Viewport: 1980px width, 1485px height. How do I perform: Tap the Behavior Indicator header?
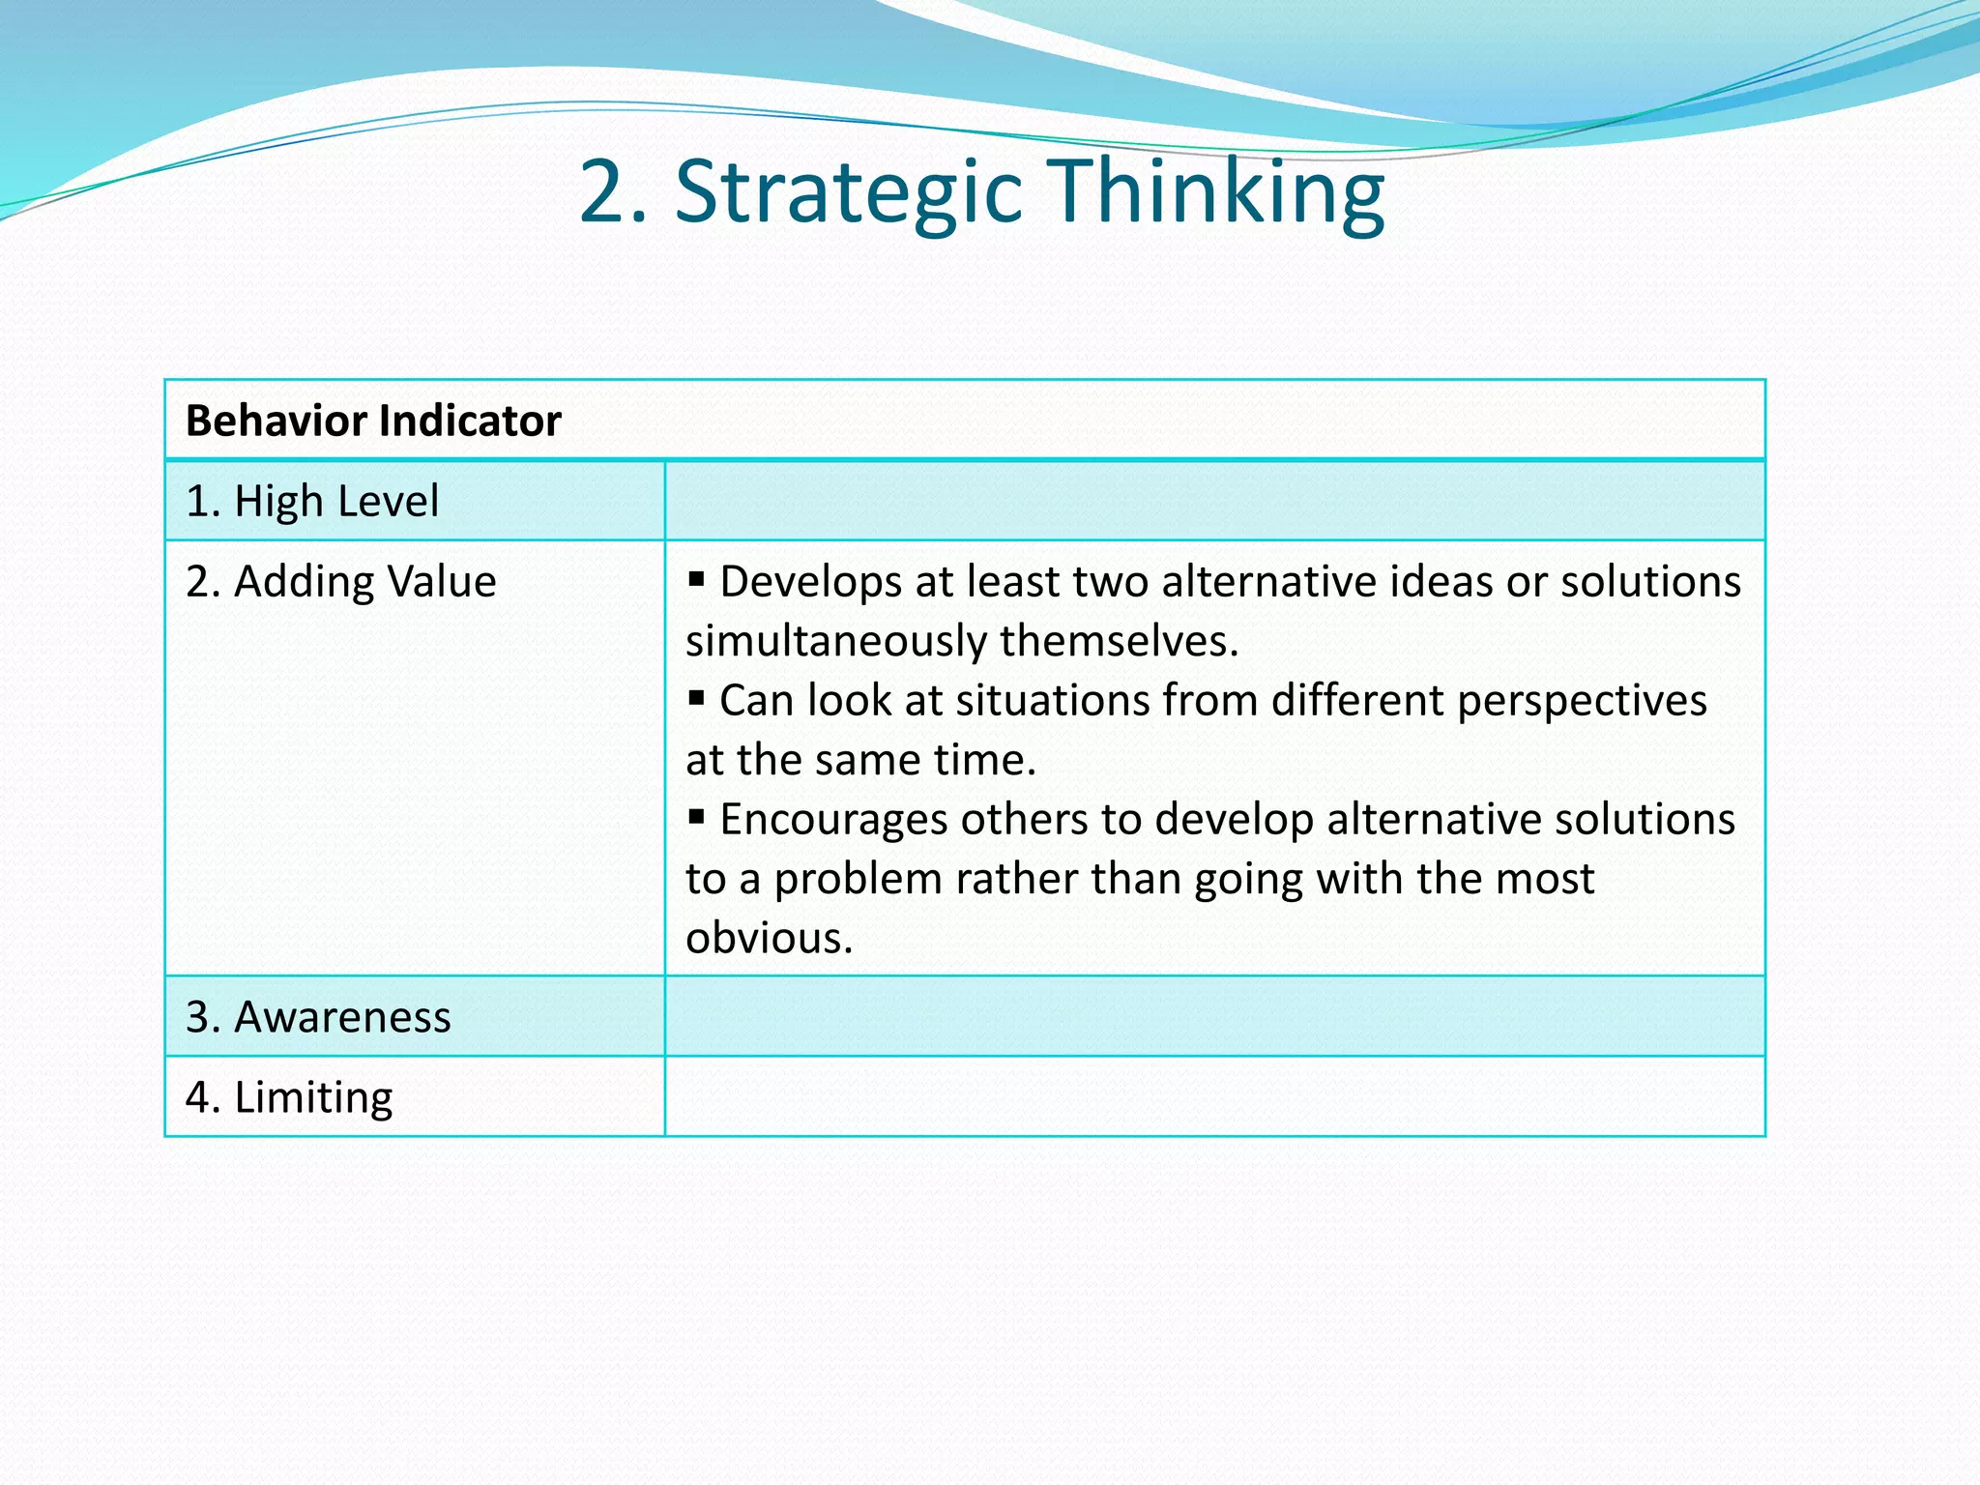pos(373,422)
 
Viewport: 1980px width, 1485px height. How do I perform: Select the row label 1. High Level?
pos(312,502)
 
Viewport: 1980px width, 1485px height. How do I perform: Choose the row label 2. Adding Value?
pos(341,582)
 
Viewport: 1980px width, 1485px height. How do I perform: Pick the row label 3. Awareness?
pos(318,1018)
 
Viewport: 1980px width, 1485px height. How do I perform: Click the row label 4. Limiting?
pos(289,1098)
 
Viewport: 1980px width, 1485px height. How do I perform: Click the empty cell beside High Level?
pos(1214,502)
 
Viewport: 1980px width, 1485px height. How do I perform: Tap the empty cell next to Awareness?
pos(1214,1017)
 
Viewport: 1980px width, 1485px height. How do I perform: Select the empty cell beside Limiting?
pos(1214,1097)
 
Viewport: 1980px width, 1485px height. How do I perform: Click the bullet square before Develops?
pos(696,580)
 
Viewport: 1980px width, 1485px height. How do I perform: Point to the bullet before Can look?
pos(696,698)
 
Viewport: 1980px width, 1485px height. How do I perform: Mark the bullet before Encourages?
pos(696,817)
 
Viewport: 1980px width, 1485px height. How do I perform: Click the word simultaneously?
pos(836,642)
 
